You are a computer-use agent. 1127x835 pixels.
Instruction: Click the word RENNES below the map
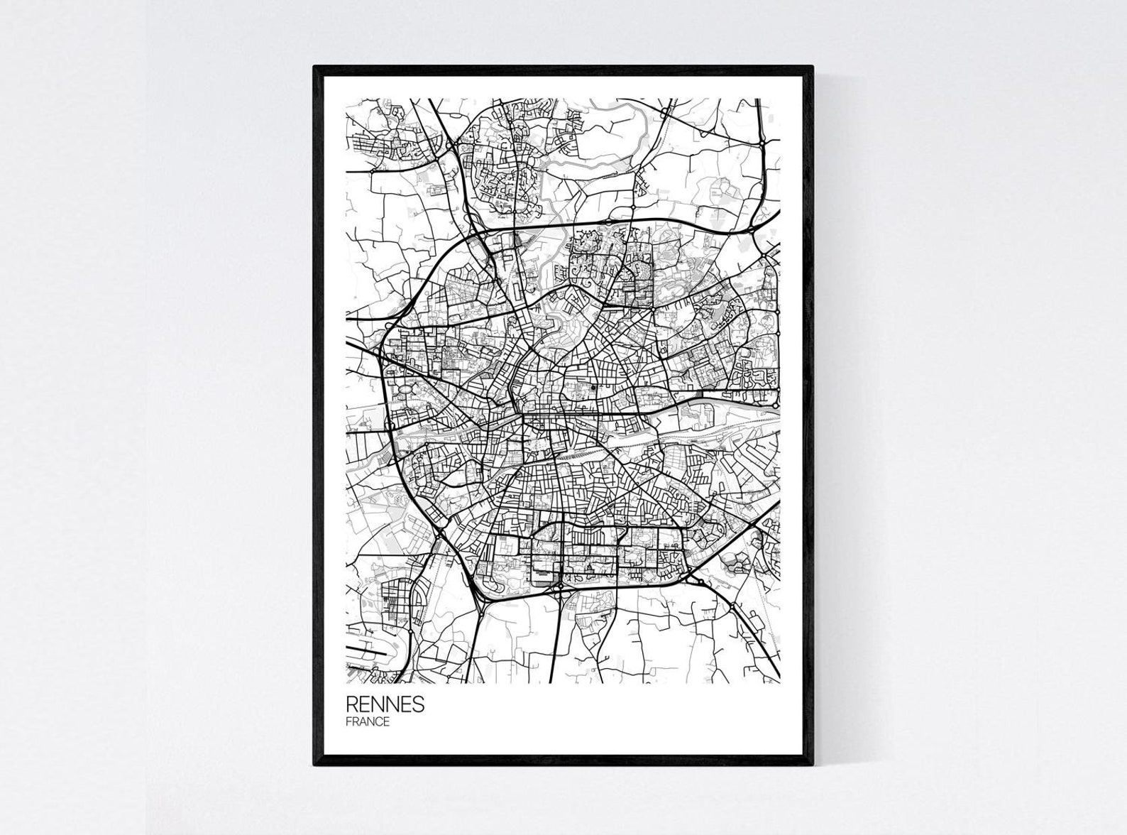click(385, 704)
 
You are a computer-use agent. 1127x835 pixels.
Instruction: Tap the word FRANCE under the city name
click(368, 722)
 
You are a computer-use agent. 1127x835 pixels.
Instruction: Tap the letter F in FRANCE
click(349, 722)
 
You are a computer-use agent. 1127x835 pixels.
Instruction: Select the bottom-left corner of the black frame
click(315, 764)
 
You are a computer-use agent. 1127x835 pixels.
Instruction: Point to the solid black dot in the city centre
click(593, 388)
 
